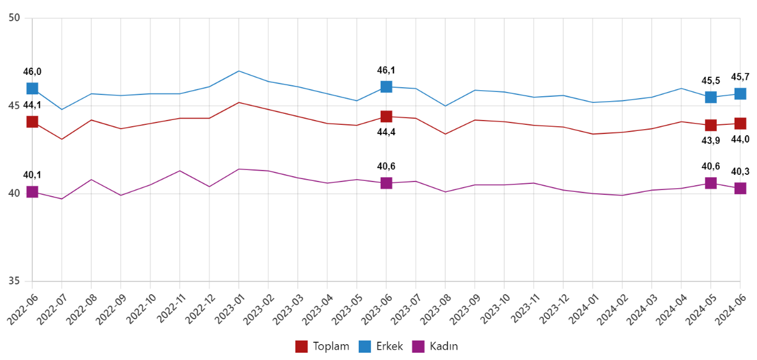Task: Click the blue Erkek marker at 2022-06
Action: [32, 88]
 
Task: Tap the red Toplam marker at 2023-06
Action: [386, 116]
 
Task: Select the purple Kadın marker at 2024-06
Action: [740, 188]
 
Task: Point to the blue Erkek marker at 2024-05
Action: [711, 97]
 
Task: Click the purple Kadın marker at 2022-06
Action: [32, 192]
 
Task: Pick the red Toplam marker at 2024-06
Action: [740, 124]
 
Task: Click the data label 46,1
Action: [386, 70]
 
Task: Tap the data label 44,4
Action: [386, 132]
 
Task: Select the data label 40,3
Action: [740, 171]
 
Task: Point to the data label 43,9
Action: [711, 140]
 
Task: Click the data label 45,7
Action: [740, 77]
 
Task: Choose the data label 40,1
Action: [32, 175]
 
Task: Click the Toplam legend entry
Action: [322, 347]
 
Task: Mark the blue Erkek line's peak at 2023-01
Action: [239, 71]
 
